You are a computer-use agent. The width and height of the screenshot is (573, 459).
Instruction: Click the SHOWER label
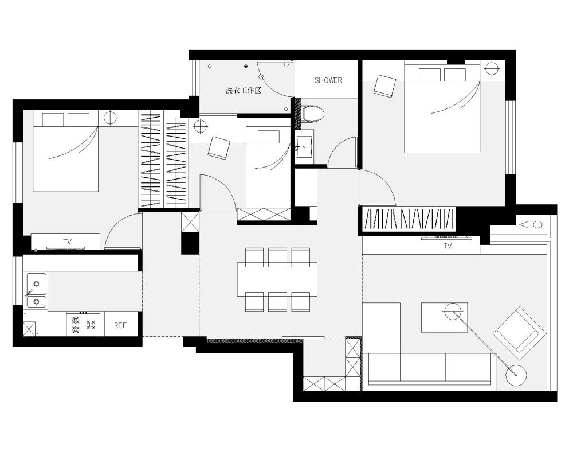[328, 80]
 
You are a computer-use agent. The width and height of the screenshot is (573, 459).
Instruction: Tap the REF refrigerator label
[120, 325]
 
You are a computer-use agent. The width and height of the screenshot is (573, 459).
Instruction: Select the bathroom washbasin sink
[304, 146]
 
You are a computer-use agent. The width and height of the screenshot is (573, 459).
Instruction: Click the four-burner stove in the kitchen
[84, 324]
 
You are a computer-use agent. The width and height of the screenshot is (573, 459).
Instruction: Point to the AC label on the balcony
[531, 224]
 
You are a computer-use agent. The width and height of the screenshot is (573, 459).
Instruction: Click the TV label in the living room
[448, 246]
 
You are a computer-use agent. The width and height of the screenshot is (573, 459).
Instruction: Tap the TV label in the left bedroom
[67, 242]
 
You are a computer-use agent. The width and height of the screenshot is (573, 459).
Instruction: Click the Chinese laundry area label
[244, 91]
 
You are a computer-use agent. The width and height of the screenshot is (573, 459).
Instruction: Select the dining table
[277, 279]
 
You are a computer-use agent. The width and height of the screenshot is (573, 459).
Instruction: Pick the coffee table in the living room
[445, 317]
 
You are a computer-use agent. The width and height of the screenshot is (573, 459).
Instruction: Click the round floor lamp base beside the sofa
[516, 375]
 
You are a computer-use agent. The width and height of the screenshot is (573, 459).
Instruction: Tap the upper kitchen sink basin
[37, 283]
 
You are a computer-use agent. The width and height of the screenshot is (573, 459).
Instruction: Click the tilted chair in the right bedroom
[384, 86]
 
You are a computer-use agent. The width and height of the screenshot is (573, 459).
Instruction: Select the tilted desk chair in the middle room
[219, 148]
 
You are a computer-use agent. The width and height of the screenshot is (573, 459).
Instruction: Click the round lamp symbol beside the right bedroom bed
[492, 68]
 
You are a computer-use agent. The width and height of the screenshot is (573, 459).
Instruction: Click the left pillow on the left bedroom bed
[53, 120]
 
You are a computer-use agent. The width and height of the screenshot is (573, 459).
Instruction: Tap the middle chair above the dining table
[277, 257]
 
